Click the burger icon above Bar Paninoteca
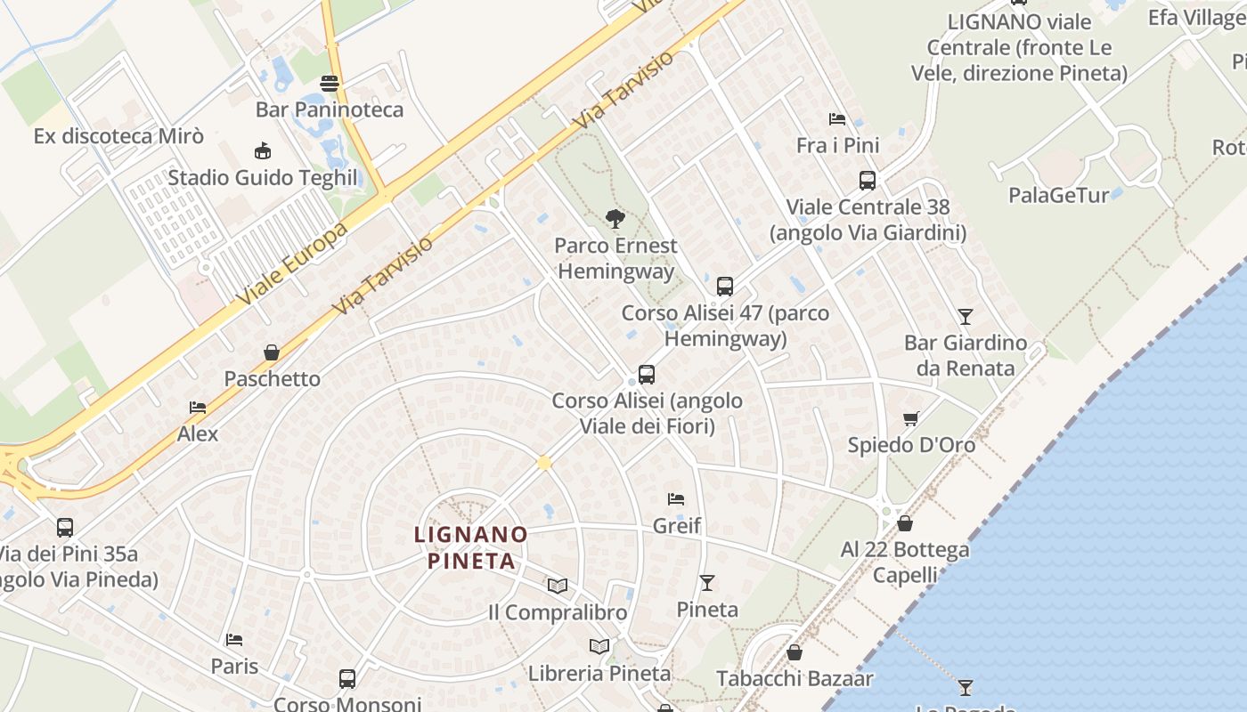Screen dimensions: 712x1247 click(x=330, y=84)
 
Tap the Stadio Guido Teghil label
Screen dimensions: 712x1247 click(x=263, y=177)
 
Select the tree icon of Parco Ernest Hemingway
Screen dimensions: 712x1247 click(x=615, y=219)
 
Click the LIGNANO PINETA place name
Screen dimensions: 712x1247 click(x=471, y=547)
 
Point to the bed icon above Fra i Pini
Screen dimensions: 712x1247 click(x=836, y=119)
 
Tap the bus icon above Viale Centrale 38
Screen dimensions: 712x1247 click(x=867, y=181)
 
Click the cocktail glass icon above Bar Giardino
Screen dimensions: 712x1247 click(x=965, y=316)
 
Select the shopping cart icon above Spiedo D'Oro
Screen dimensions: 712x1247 click(x=910, y=418)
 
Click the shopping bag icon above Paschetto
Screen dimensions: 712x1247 click(x=272, y=352)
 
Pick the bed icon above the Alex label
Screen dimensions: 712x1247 click(x=198, y=408)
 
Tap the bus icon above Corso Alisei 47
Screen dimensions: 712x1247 click(x=725, y=287)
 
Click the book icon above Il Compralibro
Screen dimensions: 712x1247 click(x=558, y=586)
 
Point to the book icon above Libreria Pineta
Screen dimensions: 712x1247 click(x=599, y=646)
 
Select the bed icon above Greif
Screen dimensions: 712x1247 click(x=676, y=499)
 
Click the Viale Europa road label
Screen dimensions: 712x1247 click(x=292, y=264)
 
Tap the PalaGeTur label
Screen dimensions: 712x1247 click(x=1058, y=195)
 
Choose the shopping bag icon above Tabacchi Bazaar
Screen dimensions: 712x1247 click(x=795, y=653)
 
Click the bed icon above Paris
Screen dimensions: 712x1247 click(x=234, y=639)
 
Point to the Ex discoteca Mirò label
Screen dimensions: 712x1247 click(x=118, y=136)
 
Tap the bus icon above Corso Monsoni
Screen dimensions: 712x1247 click(x=347, y=679)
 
